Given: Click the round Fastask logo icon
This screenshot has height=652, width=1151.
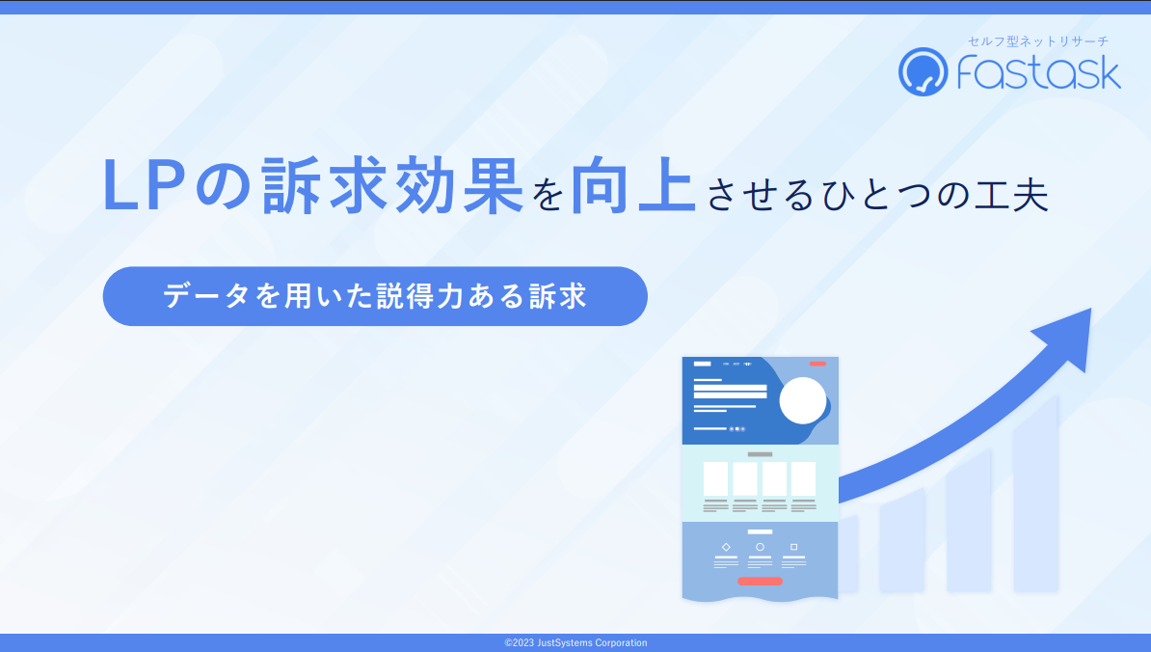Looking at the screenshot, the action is coord(923,72).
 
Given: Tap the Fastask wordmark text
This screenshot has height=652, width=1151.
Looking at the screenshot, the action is coord(1038,72).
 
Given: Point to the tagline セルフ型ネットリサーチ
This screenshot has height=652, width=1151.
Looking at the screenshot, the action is coord(1038,41).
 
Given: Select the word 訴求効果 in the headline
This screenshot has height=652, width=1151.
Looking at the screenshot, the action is coord(392,186).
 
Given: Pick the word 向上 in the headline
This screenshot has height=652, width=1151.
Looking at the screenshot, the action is coord(633,186).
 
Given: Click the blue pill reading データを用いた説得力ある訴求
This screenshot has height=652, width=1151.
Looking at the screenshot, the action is coord(375,296).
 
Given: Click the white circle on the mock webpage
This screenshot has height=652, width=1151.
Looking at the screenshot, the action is coord(802,401).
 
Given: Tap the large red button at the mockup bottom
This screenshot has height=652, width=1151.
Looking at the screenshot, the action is coord(760,582).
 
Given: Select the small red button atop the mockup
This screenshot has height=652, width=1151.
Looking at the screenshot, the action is coord(817,364).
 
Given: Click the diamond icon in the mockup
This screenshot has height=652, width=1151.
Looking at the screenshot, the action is coord(726,547).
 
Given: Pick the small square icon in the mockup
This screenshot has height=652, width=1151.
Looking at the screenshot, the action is coord(793,547).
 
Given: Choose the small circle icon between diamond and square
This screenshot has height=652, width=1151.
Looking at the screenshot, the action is coord(760,547).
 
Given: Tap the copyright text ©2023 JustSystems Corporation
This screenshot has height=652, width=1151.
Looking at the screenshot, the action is coord(575,643).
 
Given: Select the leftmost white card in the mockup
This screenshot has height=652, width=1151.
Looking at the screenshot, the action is coord(715,478).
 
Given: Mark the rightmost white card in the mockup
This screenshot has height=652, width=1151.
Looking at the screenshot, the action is coord(804,478).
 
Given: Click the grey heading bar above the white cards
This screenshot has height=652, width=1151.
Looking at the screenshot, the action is coord(760,454).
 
